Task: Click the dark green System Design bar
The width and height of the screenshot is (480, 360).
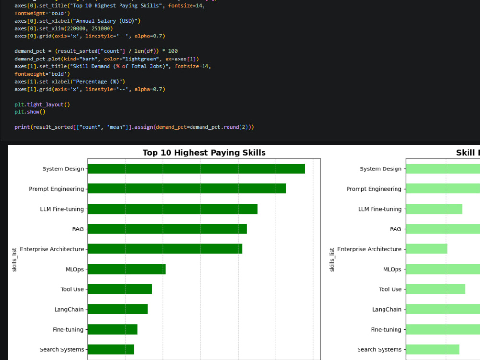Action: pyautogui.click(x=196, y=168)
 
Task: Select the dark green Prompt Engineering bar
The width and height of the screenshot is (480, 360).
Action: pyautogui.click(x=187, y=189)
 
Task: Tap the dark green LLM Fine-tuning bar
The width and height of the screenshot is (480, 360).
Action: pyautogui.click(x=173, y=209)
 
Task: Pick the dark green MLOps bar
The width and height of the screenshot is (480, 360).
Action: pyautogui.click(x=126, y=269)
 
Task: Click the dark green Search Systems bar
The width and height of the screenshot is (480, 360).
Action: pyautogui.click(x=111, y=349)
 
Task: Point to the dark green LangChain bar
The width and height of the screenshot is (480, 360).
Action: pyautogui.click(x=118, y=309)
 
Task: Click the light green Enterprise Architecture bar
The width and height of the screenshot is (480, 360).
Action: pyautogui.click(x=426, y=249)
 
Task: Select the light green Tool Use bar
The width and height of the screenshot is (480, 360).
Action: pyautogui.click(x=435, y=289)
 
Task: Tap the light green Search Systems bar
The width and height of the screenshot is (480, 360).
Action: pyautogui.click(x=432, y=349)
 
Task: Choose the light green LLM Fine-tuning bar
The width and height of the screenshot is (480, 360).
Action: pyautogui.click(x=434, y=209)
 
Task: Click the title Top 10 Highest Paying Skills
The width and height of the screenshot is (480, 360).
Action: pyautogui.click(x=204, y=153)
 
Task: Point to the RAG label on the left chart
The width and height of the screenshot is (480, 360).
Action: pyautogui.click(x=78, y=229)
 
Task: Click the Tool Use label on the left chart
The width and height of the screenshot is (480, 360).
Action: pyautogui.click(x=72, y=289)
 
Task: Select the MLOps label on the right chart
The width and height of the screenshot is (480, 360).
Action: pyautogui.click(x=392, y=269)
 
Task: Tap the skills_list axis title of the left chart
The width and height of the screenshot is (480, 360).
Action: pyautogui.click(x=14, y=260)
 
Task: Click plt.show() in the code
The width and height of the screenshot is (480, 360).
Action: pyautogui.click(x=30, y=112)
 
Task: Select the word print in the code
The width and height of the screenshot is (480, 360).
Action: pyautogui.click(x=23, y=127)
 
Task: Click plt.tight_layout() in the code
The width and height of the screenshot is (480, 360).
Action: pyautogui.click(x=42, y=104)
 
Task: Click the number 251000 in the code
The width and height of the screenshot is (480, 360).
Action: pyautogui.click(x=100, y=28)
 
